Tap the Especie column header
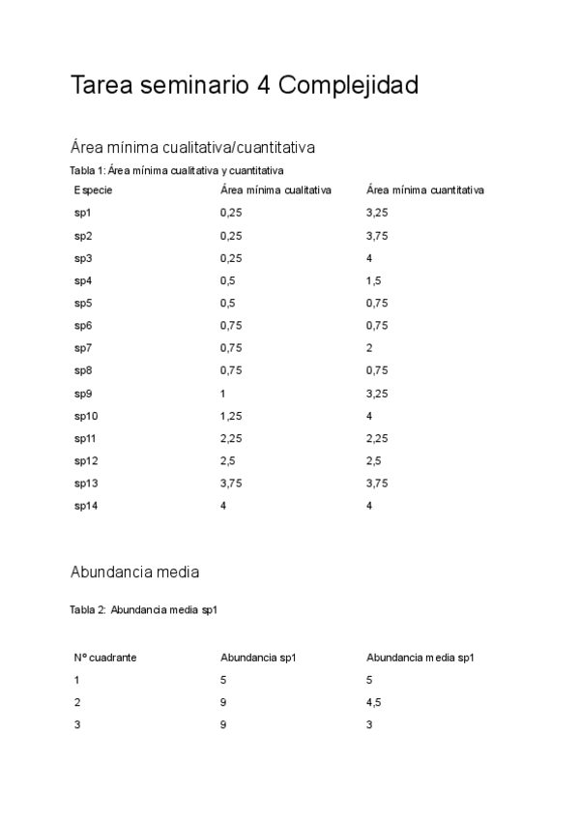tap(93, 190)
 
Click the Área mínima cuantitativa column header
tap(425, 190)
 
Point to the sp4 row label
tap(83, 280)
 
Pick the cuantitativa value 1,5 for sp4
tap(374, 280)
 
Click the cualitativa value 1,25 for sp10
tap(231, 416)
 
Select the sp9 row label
tap(83, 394)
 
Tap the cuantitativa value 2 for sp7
tap(369, 348)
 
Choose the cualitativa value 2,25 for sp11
tap(231, 438)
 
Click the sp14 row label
tap(86, 506)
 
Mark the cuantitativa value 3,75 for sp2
tap(377, 236)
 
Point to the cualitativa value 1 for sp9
tap(223, 394)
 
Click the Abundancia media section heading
tap(135, 571)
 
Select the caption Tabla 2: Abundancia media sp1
tap(150, 610)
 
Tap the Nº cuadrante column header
tap(104, 658)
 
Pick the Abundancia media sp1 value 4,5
tap(374, 702)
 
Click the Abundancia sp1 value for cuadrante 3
tap(223, 724)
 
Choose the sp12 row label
tap(86, 461)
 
